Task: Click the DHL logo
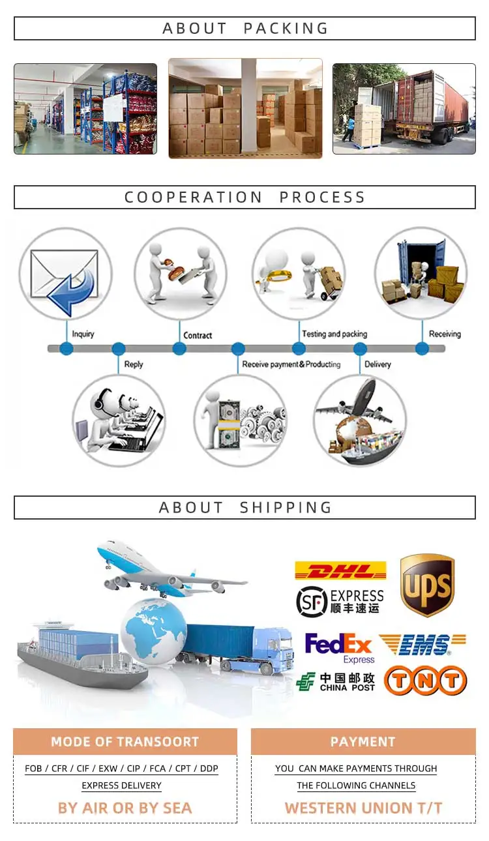pyautogui.click(x=340, y=571)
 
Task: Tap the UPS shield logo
pyautogui.click(x=427, y=585)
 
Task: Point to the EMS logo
pyautogui.click(x=423, y=644)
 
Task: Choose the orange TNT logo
pyautogui.click(x=425, y=681)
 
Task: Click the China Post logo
pyautogui.click(x=336, y=682)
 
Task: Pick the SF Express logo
pyautogui.click(x=340, y=601)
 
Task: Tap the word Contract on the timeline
pyautogui.click(x=198, y=335)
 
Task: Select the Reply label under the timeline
pyautogui.click(x=133, y=364)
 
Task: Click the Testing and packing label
pyautogui.click(x=334, y=334)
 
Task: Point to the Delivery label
pyautogui.click(x=378, y=364)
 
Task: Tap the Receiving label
pyautogui.click(x=445, y=334)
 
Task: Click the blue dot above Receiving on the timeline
pyautogui.click(x=422, y=349)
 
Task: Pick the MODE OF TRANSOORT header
pyautogui.click(x=125, y=741)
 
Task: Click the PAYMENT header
pyautogui.click(x=363, y=741)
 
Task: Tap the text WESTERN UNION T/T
pyautogui.click(x=363, y=808)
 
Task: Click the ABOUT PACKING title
pyautogui.click(x=244, y=29)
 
